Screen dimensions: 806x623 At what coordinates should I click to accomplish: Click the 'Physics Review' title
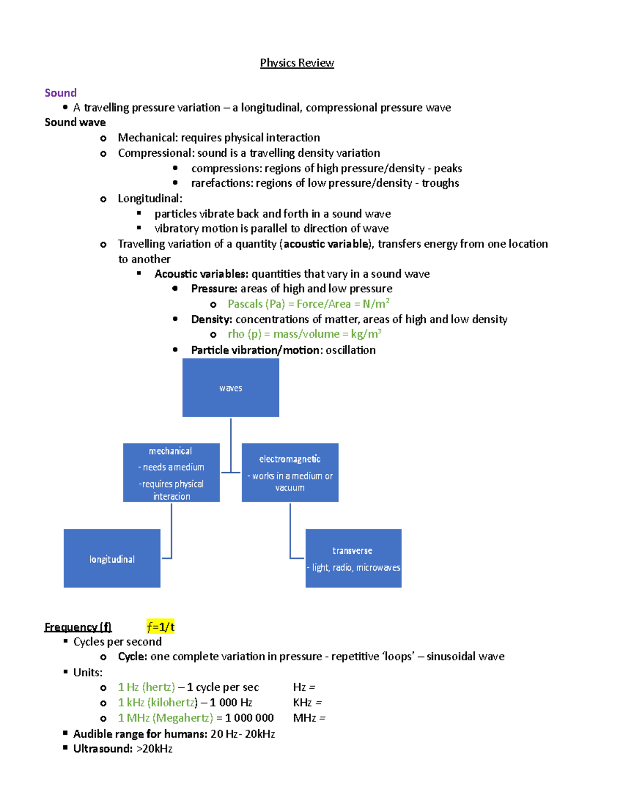[296, 63]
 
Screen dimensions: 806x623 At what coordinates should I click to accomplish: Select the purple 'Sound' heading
[61, 93]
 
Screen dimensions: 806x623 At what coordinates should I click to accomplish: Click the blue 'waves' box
[231, 388]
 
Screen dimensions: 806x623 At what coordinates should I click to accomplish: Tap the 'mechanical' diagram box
[171, 472]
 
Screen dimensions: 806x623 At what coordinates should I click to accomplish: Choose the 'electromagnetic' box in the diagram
[290, 472]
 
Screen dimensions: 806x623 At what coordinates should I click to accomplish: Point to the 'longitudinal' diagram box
[112, 558]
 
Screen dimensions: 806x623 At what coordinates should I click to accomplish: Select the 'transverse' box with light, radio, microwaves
[353, 558]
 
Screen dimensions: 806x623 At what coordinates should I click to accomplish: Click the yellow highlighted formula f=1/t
[160, 627]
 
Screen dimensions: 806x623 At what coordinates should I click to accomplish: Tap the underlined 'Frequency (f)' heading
[78, 627]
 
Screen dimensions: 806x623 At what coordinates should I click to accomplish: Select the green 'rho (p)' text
[245, 334]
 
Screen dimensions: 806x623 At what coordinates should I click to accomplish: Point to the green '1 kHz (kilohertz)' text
[158, 703]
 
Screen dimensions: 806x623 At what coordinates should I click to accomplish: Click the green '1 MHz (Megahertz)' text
[165, 718]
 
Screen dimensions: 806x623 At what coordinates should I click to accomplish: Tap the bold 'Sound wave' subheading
[75, 122]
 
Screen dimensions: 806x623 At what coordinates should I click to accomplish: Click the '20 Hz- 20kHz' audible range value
[242, 734]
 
